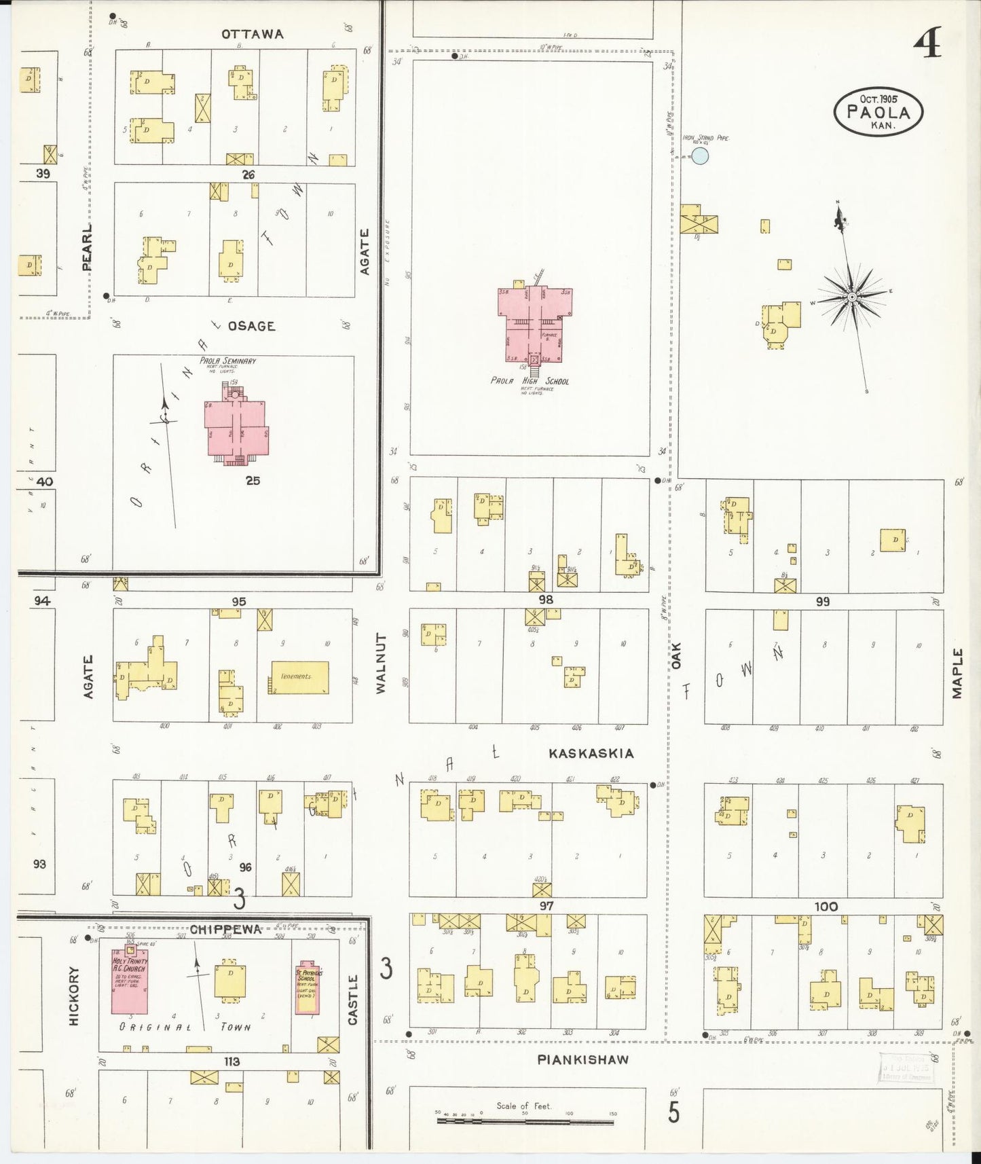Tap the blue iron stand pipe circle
point(700,157)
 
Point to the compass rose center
point(851,297)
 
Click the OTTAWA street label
point(252,34)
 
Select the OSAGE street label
point(251,326)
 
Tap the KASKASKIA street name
point(591,753)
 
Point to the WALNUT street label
point(380,663)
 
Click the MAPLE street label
point(957,673)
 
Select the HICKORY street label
point(75,996)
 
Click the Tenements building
point(300,677)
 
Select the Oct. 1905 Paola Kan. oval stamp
point(878,113)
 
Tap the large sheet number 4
point(926,46)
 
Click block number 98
point(545,600)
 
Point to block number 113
point(232,1061)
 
